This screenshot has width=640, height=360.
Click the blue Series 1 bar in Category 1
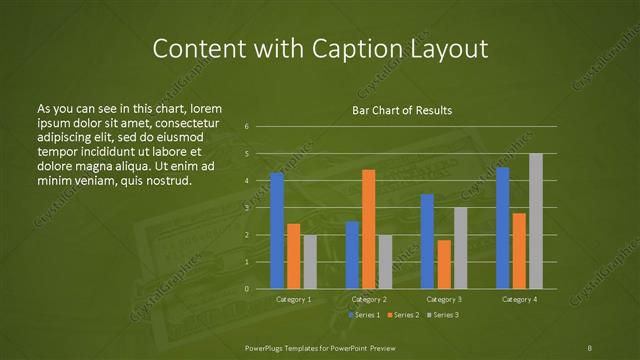pyautogui.click(x=277, y=231)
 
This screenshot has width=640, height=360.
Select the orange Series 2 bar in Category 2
pyautogui.click(x=368, y=229)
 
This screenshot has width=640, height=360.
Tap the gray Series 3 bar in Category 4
pyautogui.click(x=535, y=221)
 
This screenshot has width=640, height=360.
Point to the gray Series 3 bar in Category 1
pyautogui.click(x=310, y=262)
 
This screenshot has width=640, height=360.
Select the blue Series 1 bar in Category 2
pyautogui.click(x=352, y=255)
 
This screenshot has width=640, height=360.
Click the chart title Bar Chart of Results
pyautogui.click(x=402, y=110)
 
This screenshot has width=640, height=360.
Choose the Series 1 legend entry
pyautogui.click(x=363, y=315)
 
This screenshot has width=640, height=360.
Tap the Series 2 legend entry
pyautogui.click(x=402, y=315)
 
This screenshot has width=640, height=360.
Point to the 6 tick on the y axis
pyautogui.click(x=247, y=127)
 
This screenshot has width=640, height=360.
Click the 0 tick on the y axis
pyautogui.click(x=247, y=289)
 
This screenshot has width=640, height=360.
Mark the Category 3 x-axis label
pyautogui.click(x=443, y=299)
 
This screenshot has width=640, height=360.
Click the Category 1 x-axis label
pyautogui.click(x=293, y=299)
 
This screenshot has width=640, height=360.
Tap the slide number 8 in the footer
pyautogui.click(x=590, y=347)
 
